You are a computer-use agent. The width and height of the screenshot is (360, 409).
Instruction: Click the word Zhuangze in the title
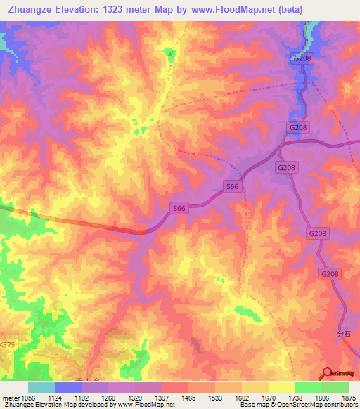[x=32, y=9]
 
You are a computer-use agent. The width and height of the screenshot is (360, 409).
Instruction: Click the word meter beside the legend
[x=11, y=397]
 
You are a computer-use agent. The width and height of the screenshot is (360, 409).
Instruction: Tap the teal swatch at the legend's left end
[x=41, y=387]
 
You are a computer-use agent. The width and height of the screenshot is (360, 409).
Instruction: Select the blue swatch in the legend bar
[x=68, y=387]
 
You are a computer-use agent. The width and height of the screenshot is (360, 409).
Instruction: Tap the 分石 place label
[x=343, y=335]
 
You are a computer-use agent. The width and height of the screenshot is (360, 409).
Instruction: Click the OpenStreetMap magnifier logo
[x=327, y=372]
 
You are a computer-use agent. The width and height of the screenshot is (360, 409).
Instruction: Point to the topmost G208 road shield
[x=302, y=58]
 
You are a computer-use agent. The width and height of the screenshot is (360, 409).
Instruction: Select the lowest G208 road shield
[x=330, y=274]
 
